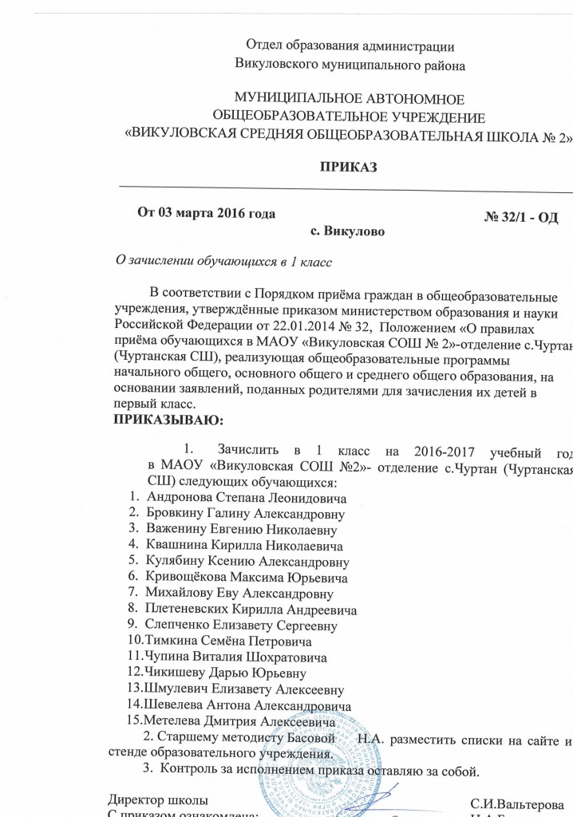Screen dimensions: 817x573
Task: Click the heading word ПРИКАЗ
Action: point(348,168)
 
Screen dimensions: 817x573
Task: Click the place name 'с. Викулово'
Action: point(346,232)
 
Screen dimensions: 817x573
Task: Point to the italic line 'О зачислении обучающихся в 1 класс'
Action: point(224,260)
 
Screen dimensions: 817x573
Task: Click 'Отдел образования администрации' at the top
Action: point(351,45)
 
